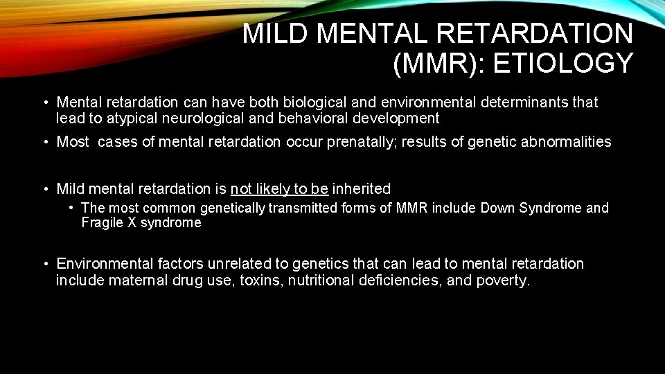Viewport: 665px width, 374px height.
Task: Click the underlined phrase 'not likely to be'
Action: [x=279, y=188]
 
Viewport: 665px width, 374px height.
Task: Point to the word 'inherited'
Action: [x=362, y=188]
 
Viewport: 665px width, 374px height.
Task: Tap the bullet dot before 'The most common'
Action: [x=71, y=208]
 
